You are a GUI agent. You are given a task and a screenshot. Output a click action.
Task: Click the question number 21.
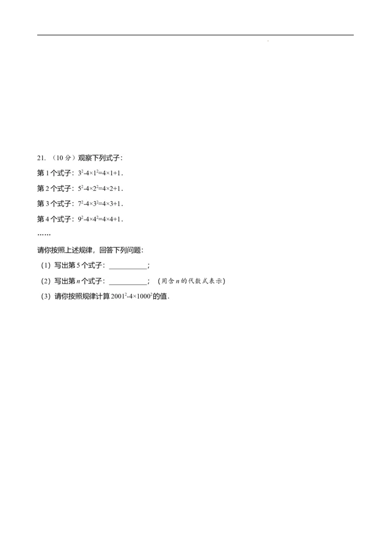[x=41, y=158]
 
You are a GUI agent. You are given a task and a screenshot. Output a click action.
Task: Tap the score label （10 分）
[x=64, y=158]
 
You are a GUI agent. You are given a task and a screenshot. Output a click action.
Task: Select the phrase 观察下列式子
[x=99, y=158]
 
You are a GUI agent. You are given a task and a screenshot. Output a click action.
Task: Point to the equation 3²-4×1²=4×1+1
[x=101, y=173]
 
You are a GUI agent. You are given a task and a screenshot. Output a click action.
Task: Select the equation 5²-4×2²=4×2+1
[x=101, y=188]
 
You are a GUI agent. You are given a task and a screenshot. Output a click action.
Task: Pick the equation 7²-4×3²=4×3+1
[x=101, y=204]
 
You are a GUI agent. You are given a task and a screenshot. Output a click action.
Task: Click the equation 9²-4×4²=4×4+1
[x=101, y=219]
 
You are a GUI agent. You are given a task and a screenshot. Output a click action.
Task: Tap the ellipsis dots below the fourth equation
[x=44, y=234]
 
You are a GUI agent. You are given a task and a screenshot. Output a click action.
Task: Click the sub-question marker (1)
[x=46, y=265]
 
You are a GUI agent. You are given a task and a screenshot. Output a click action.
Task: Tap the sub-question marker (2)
[x=46, y=281]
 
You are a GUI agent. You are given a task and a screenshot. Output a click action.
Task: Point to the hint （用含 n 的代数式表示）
[x=192, y=281]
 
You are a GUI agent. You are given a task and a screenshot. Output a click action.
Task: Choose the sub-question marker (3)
[x=46, y=297]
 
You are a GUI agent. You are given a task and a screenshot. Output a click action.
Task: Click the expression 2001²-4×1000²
[x=131, y=297]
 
